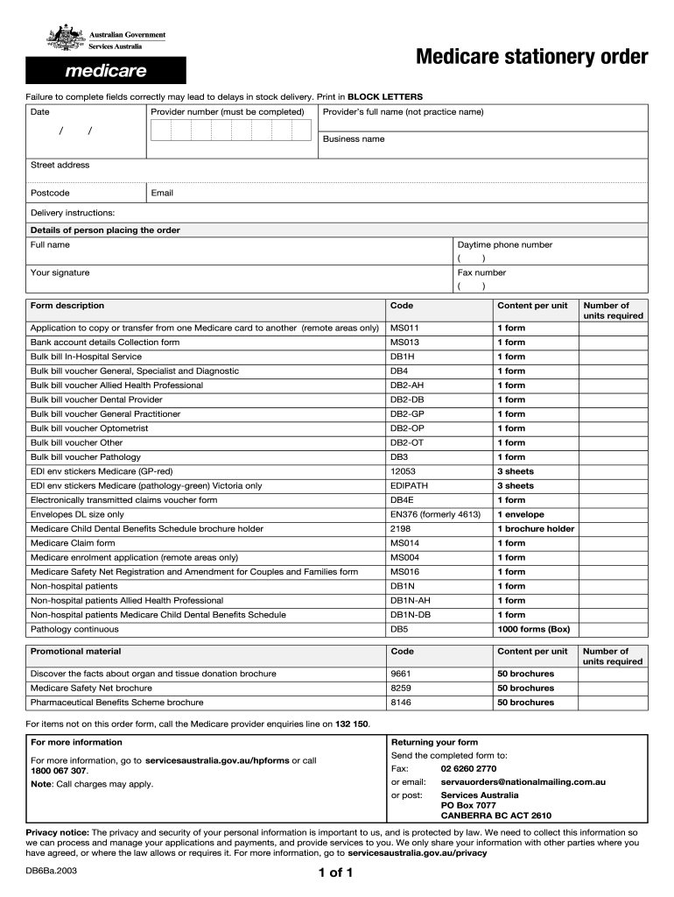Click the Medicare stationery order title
click(x=531, y=58)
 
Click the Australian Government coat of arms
click(x=66, y=38)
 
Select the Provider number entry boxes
click(x=231, y=131)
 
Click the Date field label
click(x=40, y=112)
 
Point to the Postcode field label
click(x=50, y=193)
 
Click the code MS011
click(x=404, y=328)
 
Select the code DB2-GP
click(x=407, y=413)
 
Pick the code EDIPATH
click(x=410, y=485)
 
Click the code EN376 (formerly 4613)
click(x=435, y=514)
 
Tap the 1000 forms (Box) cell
click(x=533, y=629)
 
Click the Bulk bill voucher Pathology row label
click(x=86, y=456)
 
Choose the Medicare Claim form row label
click(x=73, y=543)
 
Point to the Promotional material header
click(x=76, y=651)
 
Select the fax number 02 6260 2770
click(x=468, y=768)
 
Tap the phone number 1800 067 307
click(x=58, y=771)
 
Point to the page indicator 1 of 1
click(x=336, y=873)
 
